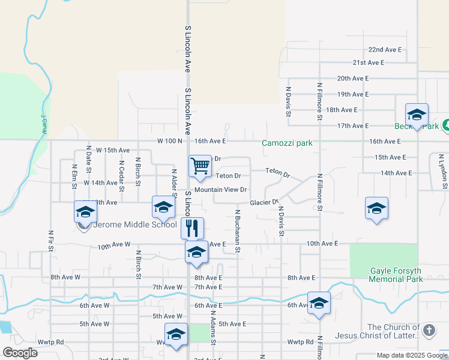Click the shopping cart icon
[200, 166]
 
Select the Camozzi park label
[287, 143]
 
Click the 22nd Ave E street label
[385, 49]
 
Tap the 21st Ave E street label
[368, 62]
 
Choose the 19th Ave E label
[352, 94]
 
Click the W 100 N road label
[169, 141]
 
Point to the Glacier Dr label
[264, 203]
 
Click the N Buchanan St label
[238, 231]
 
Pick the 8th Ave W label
[65, 277]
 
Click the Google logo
[20, 353]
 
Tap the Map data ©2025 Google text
[411, 355]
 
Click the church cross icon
[429, 330]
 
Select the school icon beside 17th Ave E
[417, 114]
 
